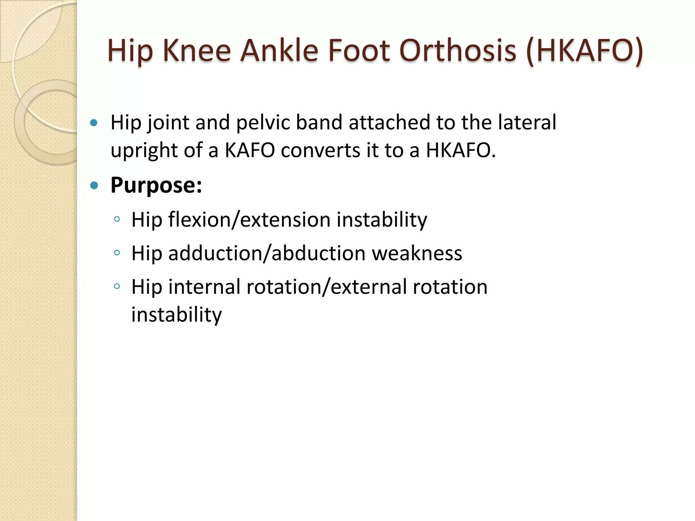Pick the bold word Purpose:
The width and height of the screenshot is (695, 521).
click(x=156, y=186)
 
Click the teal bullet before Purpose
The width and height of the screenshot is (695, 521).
click(x=94, y=185)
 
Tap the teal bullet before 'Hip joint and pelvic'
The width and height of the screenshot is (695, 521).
click(x=94, y=122)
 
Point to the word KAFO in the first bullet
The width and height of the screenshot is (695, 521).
click(x=250, y=150)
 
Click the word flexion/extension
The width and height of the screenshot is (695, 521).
click(x=249, y=220)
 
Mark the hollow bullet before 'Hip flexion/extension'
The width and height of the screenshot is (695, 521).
click(x=117, y=219)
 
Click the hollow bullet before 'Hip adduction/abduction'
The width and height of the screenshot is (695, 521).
click(x=117, y=253)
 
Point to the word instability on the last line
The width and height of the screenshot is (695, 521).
click(x=176, y=315)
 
